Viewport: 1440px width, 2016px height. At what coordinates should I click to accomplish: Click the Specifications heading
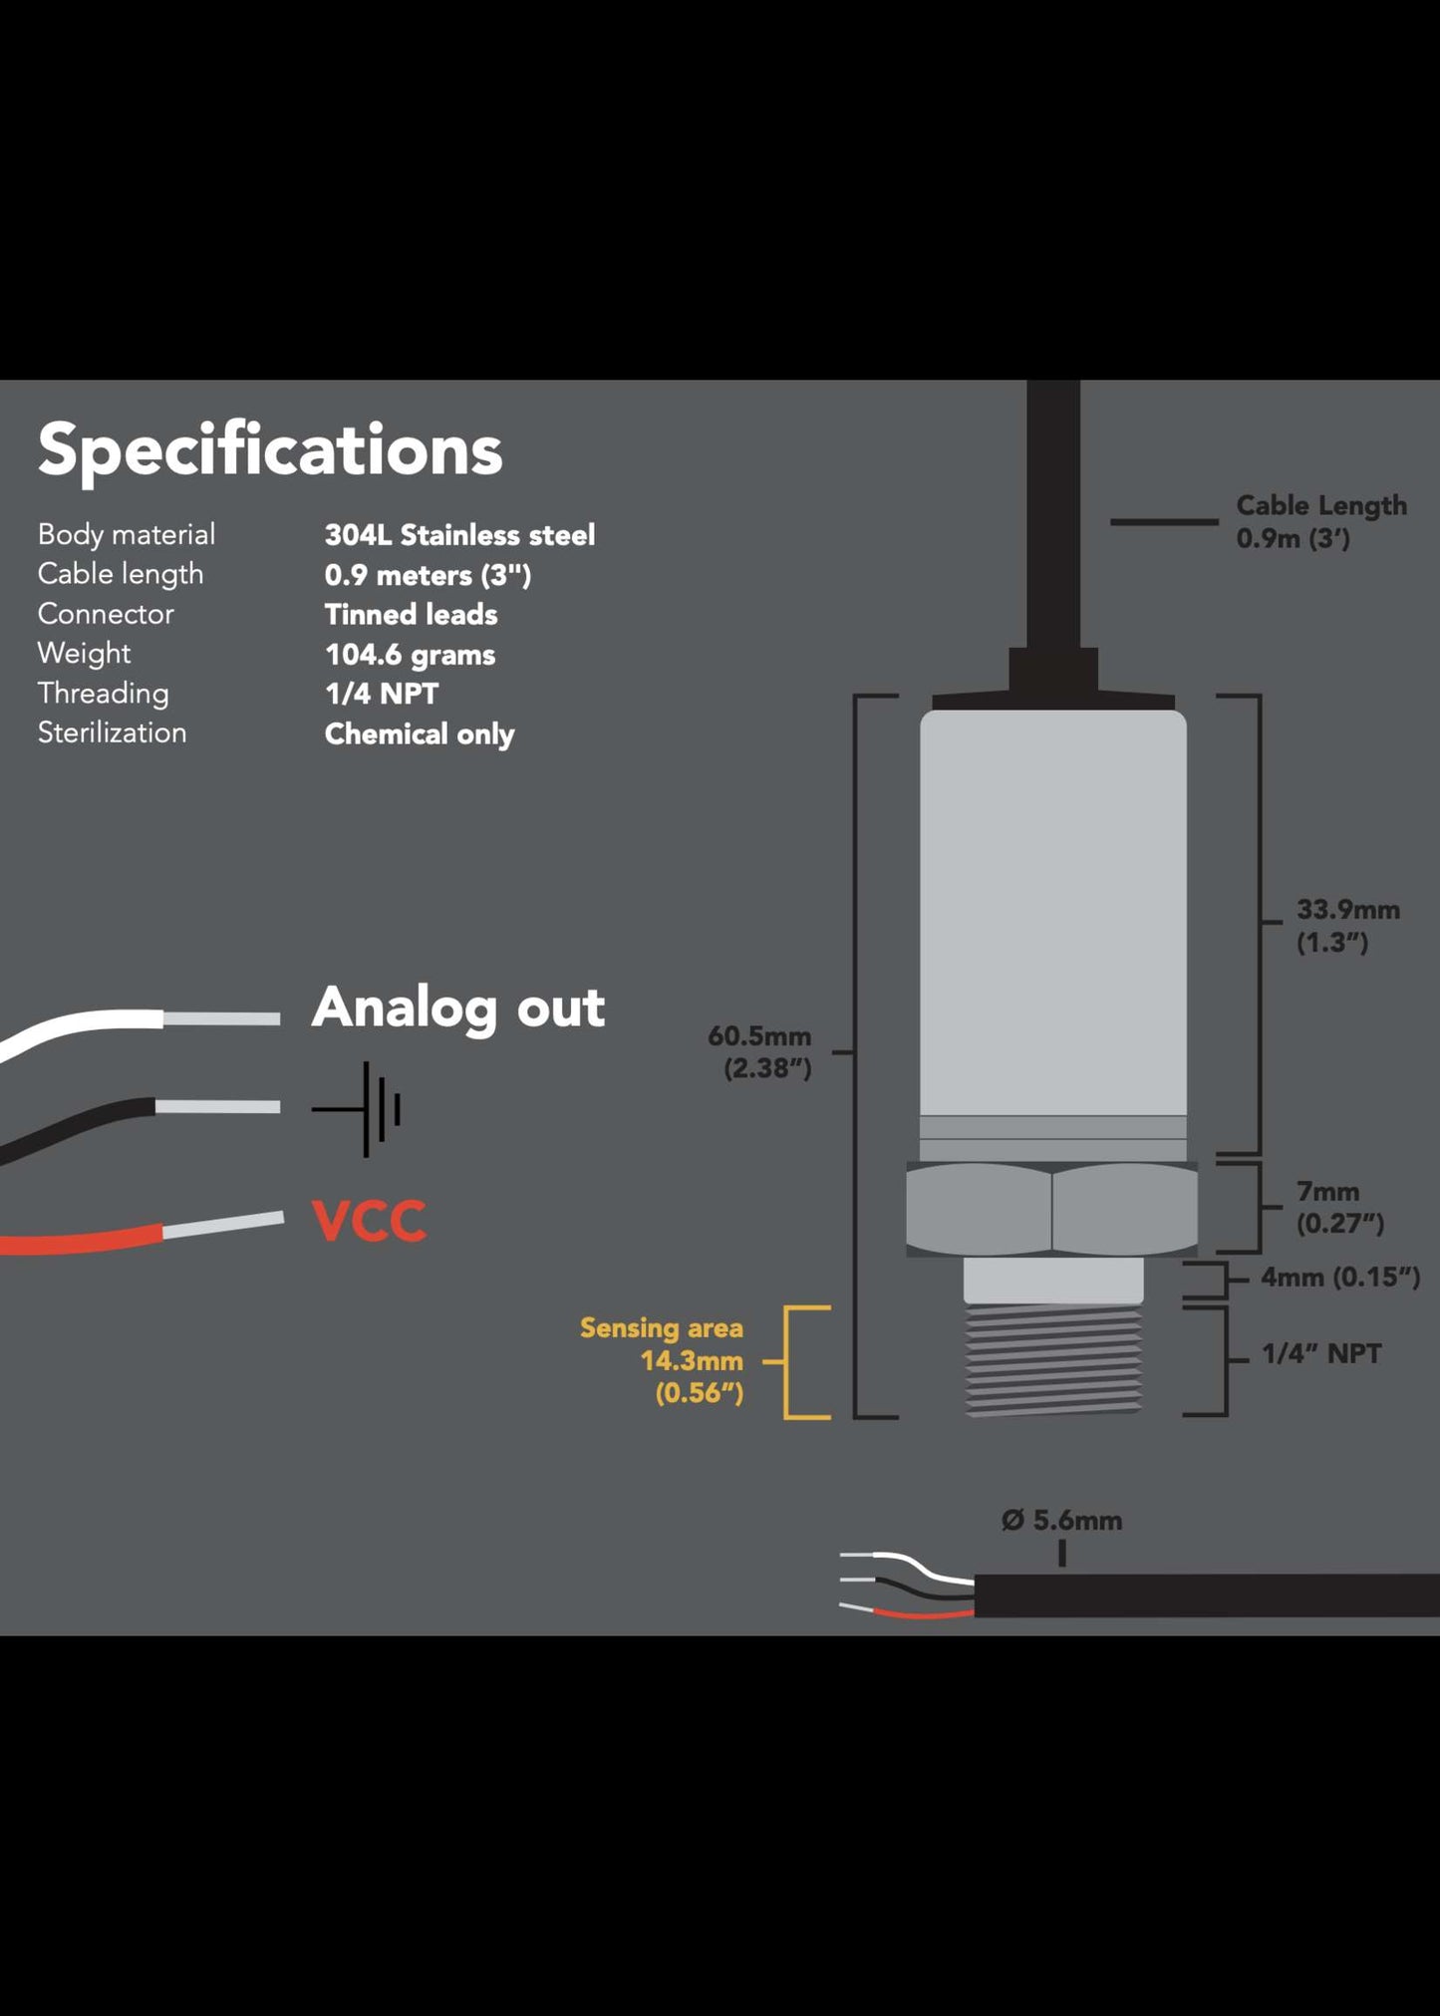click(x=270, y=450)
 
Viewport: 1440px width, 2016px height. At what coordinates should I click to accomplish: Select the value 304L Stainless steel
click(x=459, y=535)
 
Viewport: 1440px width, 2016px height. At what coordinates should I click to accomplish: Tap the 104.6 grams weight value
click(x=410, y=655)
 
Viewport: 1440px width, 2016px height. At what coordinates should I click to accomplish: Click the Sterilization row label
click(x=112, y=732)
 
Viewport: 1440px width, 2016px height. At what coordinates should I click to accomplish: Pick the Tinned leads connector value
click(x=411, y=614)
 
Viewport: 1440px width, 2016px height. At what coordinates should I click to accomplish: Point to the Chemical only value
click(x=419, y=734)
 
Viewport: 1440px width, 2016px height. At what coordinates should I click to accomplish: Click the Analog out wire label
click(x=457, y=1008)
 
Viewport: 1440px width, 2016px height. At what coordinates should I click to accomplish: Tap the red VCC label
click(x=369, y=1221)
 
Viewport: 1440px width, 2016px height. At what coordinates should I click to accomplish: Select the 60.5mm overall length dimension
click(x=759, y=1052)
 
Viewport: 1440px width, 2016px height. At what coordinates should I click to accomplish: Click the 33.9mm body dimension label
click(x=1347, y=925)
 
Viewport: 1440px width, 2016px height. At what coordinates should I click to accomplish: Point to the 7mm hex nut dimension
click(x=1338, y=1207)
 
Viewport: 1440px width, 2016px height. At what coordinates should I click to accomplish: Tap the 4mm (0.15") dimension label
click(x=1339, y=1277)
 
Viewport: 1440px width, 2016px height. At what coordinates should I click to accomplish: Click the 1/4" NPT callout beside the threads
click(x=1320, y=1353)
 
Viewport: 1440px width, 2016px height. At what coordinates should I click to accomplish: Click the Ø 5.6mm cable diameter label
click(x=1061, y=1521)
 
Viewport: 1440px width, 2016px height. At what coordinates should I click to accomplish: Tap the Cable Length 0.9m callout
click(x=1320, y=521)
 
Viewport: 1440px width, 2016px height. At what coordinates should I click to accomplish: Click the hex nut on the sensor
click(x=1051, y=1208)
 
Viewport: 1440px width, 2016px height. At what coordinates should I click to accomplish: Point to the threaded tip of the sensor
click(x=1052, y=1359)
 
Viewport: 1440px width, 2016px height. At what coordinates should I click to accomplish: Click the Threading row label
click(x=103, y=694)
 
